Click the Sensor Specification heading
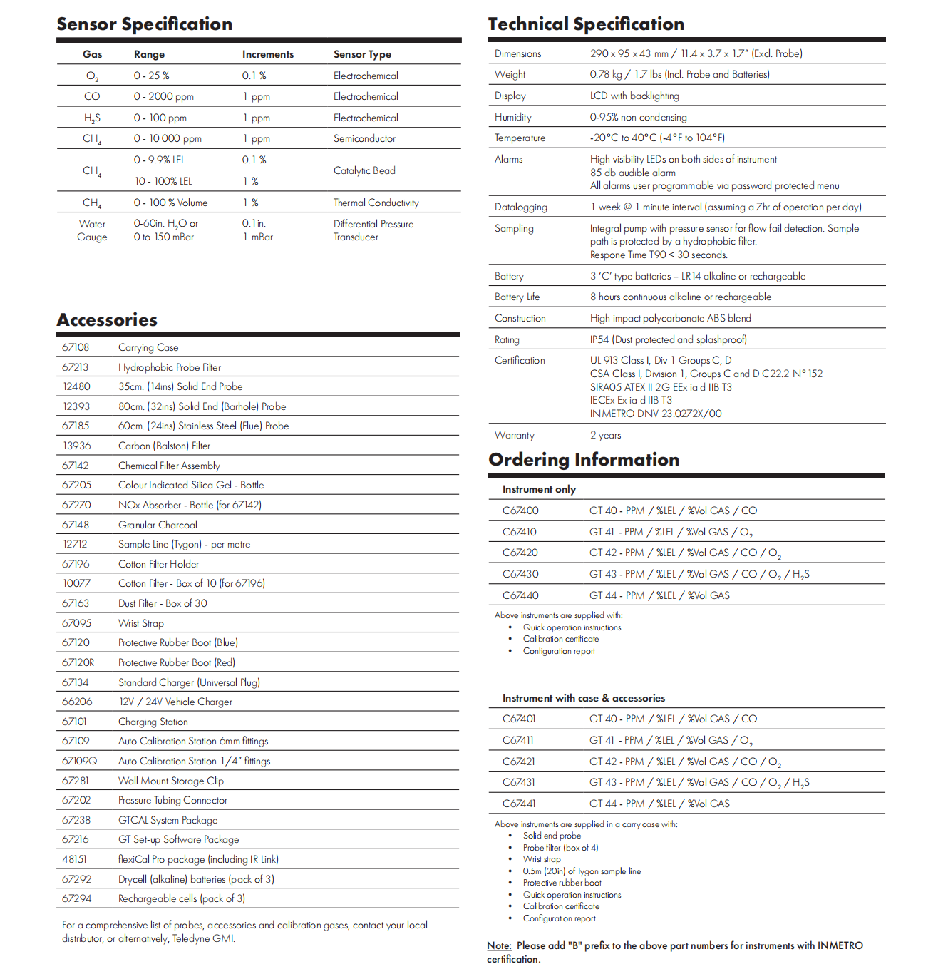(x=144, y=24)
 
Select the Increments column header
(x=267, y=54)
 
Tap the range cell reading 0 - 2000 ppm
(x=163, y=96)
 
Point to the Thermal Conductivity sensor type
(x=376, y=203)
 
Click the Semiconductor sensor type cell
(x=364, y=138)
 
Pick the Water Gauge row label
(x=92, y=230)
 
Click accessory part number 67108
(x=76, y=347)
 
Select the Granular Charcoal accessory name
(x=158, y=525)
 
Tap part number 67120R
(x=78, y=662)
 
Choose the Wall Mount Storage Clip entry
(x=170, y=781)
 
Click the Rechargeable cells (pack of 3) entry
(x=181, y=898)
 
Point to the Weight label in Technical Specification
(x=510, y=74)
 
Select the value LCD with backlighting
(x=634, y=96)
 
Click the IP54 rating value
(x=668, y=339)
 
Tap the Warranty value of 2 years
(x=605, y=435)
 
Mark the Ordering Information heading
(x=583, y=460)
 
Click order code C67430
(x=520, y=574)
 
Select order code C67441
(x=519, y=804)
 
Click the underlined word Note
(x=499, y=945)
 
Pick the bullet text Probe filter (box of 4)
(x=560, y=848)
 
